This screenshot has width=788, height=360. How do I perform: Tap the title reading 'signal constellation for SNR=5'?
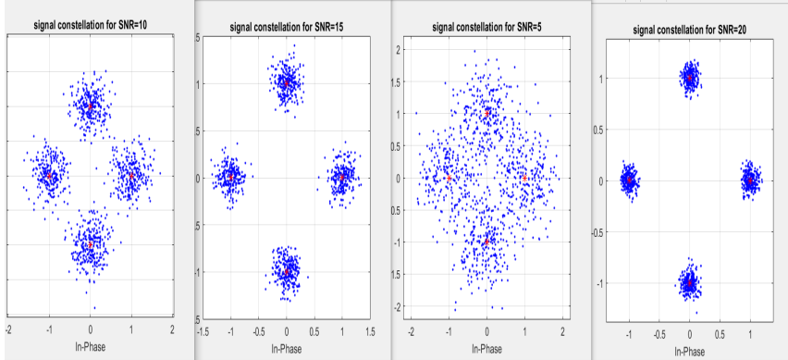[x=487, y=27]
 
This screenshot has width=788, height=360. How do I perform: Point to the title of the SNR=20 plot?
[x=690, y=30]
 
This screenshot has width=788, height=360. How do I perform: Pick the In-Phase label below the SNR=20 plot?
[x=690, y=352]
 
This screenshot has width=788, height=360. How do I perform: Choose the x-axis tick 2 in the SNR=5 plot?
[x=562, y=330]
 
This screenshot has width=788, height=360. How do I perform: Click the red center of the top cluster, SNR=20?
[x=689, y=79]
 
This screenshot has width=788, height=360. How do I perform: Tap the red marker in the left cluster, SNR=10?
[x=47, y=173]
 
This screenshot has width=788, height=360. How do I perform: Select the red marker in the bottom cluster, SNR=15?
[x=287, y=271]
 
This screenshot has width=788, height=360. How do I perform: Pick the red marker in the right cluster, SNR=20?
[x=749, y=181]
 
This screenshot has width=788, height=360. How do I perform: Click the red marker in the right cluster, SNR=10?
[x=130, y=175]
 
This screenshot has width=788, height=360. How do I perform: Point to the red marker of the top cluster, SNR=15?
[x=287, y=83]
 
